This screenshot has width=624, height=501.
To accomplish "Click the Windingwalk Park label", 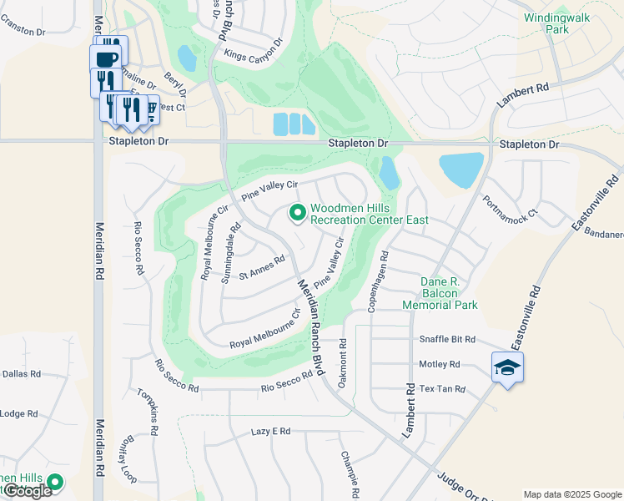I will point(552,23).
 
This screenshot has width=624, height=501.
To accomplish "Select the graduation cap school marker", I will point(507,367).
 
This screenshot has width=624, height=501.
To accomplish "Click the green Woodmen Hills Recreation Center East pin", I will point(296,214).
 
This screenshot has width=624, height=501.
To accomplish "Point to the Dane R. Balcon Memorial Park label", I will point(440,293).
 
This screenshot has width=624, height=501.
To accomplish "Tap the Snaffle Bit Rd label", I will point(446,340).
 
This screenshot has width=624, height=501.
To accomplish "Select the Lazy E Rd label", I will point(270,431).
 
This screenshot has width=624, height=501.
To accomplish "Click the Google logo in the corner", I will point(27,491).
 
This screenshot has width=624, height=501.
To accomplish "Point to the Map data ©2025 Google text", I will point(572,494).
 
